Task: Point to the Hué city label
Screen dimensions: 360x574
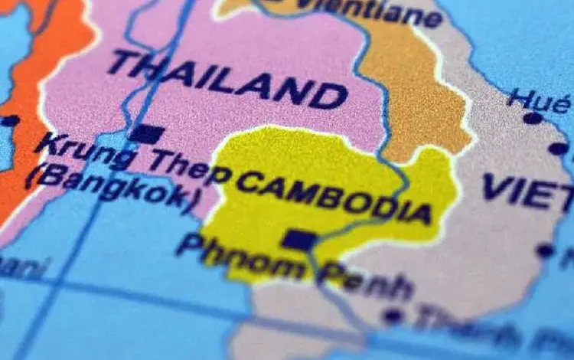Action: tap(539, 100)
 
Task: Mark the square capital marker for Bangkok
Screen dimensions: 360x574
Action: tap(146, 134)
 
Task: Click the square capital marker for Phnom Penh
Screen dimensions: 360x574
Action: tap(298, 241)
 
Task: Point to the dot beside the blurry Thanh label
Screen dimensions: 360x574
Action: tap(393, 315)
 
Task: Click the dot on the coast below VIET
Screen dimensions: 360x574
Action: tap(545, 250)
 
